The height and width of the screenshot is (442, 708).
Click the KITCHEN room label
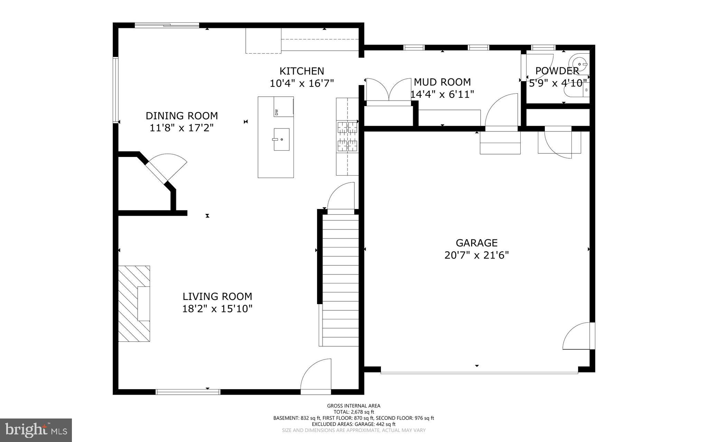[301, 71]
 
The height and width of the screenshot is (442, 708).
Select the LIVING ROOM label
[217, 297]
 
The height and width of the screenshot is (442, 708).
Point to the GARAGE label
[476, 243]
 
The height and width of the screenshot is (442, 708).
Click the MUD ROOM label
[442, 82]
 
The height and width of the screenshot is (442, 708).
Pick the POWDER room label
[557, 71]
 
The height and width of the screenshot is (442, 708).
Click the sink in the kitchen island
[281, 139]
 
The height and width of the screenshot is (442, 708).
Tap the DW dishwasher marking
[277, 112]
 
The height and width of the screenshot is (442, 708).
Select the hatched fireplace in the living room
[134, 304]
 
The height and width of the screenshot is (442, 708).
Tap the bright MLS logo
[36, 430]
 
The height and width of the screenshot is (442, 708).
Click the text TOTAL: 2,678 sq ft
[353, 412]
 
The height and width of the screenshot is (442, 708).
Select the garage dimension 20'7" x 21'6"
[476, 255]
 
